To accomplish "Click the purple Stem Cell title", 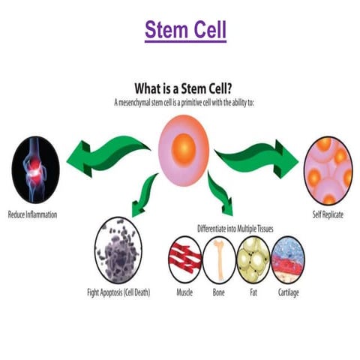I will click(185, 31).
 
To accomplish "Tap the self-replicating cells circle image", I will click(328, 169).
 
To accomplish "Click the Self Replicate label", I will click(328, 214).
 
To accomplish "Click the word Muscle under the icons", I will click(184, 292).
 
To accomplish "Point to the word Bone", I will click(219, 292).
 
